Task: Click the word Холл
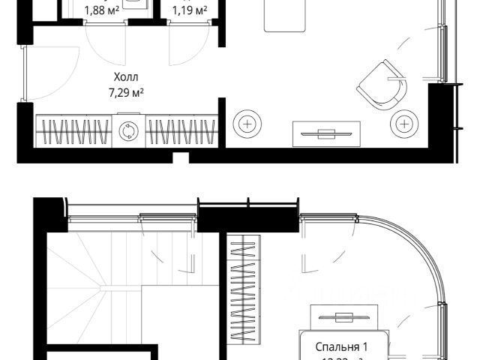coord(127,77)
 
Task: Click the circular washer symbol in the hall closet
coord(128,132)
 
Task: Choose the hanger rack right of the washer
coord(182,132)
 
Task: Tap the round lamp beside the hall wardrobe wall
coord(247,123)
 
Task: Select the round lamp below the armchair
coord(403,123)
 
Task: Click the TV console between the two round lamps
coord(325,133)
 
